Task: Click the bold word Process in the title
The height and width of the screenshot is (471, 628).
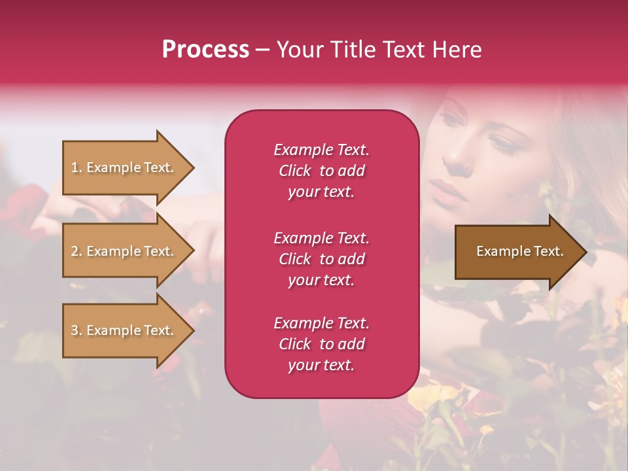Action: pyautogui.click(x=205, y=50)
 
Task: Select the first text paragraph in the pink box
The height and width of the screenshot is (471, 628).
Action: pyautogui.click(x=321, y=171)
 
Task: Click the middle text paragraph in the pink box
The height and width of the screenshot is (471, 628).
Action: pyautogui.click(x=321, y=259)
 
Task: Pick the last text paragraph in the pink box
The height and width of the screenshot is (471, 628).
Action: pyautogui.click(x=321, y=344)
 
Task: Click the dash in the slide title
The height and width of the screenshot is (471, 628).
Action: pyautogui.click(x=263, y=50)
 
